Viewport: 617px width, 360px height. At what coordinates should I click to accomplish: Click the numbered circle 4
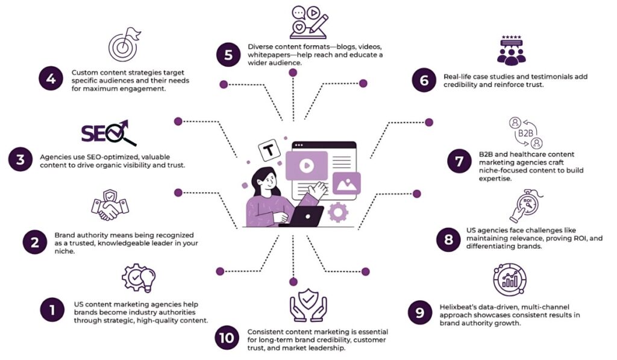[x=51, y=79]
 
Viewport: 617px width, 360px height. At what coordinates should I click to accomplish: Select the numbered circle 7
[x=460, y=162]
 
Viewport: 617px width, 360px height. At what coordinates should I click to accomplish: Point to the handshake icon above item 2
[x=110, y=206]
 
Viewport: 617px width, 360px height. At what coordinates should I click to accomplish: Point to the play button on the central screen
[x=307, y=163]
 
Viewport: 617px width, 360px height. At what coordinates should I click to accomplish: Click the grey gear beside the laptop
[x=339, y=211]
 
